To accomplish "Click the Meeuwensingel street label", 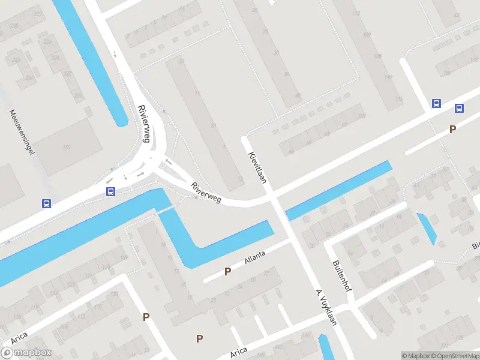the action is click(20, 133).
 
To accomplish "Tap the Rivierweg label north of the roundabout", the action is click(143, 124).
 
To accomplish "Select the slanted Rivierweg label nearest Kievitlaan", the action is click(206, 193).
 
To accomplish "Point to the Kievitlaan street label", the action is click(257, 164).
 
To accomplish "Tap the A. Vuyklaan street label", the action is click(326, 307).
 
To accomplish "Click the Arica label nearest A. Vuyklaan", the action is click(239, 351).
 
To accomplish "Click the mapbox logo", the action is click(27, 353).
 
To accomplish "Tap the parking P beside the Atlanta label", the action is click(227, 271).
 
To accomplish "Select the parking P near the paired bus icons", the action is click(452, 129).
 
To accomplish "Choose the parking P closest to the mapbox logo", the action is click(146, 317).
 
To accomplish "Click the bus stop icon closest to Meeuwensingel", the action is click(46, 203).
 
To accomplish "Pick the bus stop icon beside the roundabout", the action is click(110, 192).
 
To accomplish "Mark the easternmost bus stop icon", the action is click(459, 109).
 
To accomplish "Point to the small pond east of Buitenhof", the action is click(427, 228).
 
